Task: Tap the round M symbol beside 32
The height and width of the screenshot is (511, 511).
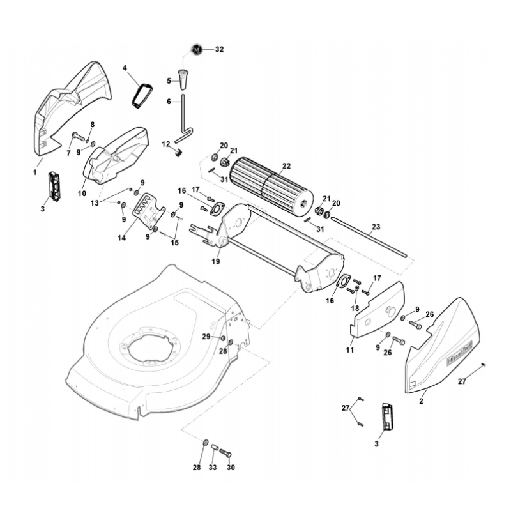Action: (197, 49)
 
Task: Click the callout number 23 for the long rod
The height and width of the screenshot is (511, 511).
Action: (375, 226)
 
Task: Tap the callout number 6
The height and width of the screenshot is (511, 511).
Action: (169, 101)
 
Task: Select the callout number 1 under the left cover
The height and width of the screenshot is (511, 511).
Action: (34, 172)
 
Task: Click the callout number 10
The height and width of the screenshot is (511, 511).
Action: (82, 192)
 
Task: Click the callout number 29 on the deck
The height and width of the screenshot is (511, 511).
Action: (206, 336)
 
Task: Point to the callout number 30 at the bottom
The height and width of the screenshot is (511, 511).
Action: (231, 468)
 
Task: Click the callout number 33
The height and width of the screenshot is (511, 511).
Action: (213, 468)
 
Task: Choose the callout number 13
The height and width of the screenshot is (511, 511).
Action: (95, 202)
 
